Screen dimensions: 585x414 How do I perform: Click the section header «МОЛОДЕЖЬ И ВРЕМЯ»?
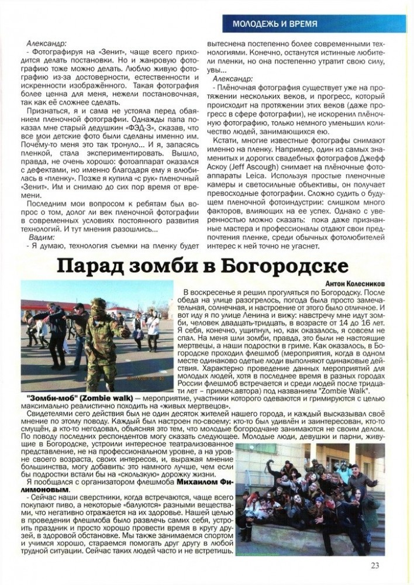pos(275,24)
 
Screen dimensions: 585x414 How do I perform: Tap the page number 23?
pos(375,565)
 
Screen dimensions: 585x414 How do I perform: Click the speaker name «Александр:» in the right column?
pos(233,78)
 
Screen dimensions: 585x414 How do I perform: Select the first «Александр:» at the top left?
pos(47,43)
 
